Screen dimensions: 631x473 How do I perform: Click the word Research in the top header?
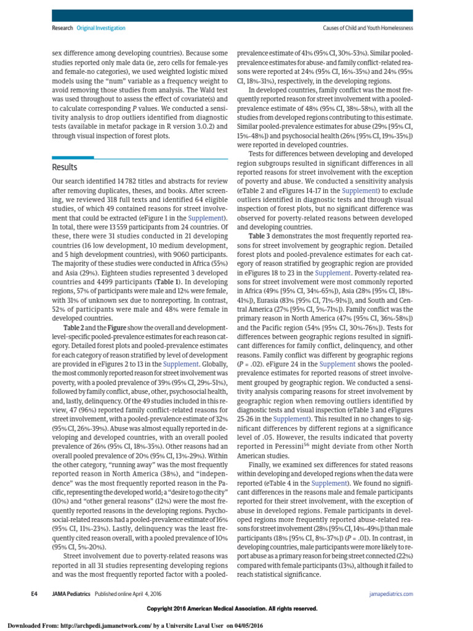coord(62,28)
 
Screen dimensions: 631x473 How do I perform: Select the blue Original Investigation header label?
coord(101,28)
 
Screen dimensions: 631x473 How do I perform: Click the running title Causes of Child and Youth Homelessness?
coord(368,28)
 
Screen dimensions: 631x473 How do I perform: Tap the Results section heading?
coord(65,168)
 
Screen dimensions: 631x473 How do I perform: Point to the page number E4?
coord(35,594)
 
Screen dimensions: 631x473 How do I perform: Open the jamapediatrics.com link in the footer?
coord(391,594)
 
